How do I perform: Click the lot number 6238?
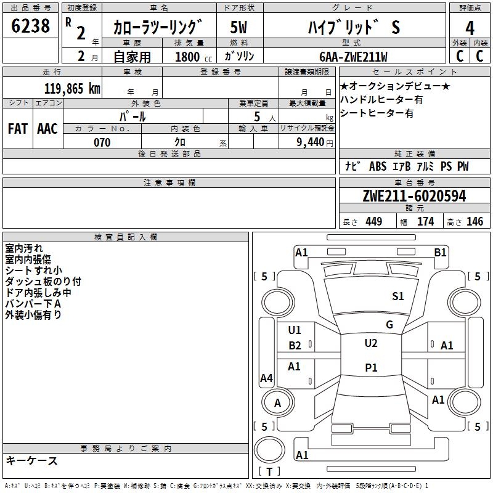pos(30,26)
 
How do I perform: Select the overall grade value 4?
pos(470,28)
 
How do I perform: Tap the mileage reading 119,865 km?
pos(72,89)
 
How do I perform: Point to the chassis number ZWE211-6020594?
pos(414,196)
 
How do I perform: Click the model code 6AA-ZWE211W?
pos(353,57)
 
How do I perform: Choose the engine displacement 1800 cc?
pos(194,57)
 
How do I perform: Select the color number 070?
pos(102,142)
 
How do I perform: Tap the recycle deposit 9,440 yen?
pos(315,142)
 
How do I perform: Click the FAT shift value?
pos(18,129)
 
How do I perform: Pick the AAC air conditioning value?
pos(47,129)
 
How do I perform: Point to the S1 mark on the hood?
pos(397,296)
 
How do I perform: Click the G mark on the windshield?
pos(389,324)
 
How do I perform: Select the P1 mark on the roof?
pos(371,367)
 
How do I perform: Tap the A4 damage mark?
pos(266,378)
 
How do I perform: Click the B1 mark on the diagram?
pos(440,253)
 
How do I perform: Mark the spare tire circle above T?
pos(269,450)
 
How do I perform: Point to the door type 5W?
pos(238,27)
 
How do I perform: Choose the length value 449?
pos(374,222)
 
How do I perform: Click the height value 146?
pos(475,222)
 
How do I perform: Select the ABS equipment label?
pos(378,166)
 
